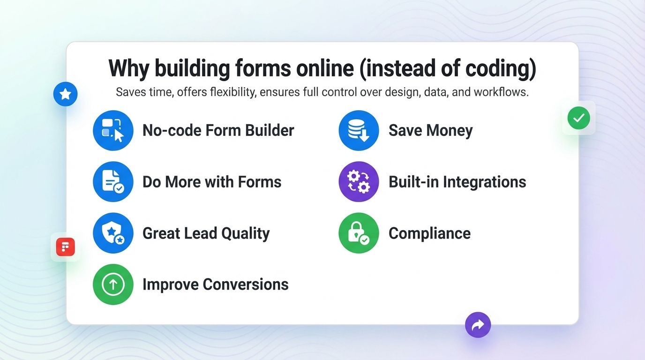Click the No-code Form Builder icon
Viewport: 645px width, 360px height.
pyautogui.click(x=113, y=130)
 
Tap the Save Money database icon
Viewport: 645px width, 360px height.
pyautogui.click(x=359, y=130)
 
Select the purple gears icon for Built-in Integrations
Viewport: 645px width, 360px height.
pyautogui.click(x=359, y=181)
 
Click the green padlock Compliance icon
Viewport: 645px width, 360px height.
pyautogui.click(x=359, y=233)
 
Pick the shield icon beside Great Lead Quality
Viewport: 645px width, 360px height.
pyautogui.click(x=113, y=233)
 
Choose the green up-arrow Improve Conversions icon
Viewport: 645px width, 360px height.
pyautogui.click(x=113, y=284)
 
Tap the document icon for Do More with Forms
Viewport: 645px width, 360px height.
pyautogui.click(x=113, y=181)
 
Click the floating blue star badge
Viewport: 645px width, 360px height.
pyautogui.click(x=66, y=94)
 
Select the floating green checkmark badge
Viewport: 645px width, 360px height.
pyautogui.click(x=579, y=118)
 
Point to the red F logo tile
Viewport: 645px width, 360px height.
pyautogui.click(x=66, y=247)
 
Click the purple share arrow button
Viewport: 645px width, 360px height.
pyautogui.click(x=478, y=325)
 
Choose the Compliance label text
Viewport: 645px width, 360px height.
pyautogui.click(x=429, y=233)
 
